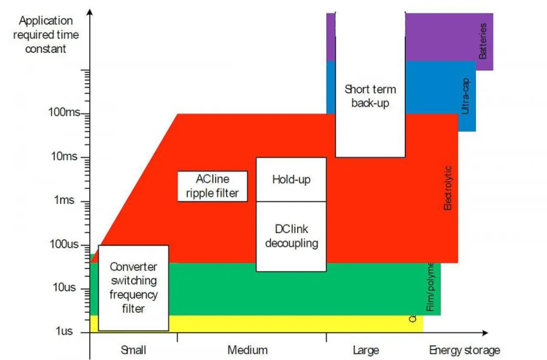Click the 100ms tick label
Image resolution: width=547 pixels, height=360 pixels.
click(64, 114)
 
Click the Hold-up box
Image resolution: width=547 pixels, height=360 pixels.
click(291, 179)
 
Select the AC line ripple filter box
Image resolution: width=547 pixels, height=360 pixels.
click(212, 186)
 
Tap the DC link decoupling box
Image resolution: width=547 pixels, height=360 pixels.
click(291, 236)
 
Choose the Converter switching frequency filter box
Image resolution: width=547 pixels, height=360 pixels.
click(133, 287)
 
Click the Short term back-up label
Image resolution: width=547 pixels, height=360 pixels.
click(370, 96)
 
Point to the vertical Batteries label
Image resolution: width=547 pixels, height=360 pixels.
click(483, 41)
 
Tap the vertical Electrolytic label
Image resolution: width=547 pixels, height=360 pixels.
click(448, 188)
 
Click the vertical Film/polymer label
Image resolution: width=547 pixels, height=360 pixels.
click(430, 286)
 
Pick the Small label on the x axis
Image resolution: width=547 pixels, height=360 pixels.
click(133, 351)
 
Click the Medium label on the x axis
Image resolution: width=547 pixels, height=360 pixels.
click(247, 351)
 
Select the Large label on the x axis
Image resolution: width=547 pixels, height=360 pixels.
click(366, 351)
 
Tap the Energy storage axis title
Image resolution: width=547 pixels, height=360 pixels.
click(465, 351)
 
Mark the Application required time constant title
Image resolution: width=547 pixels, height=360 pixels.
click(46, 35)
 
